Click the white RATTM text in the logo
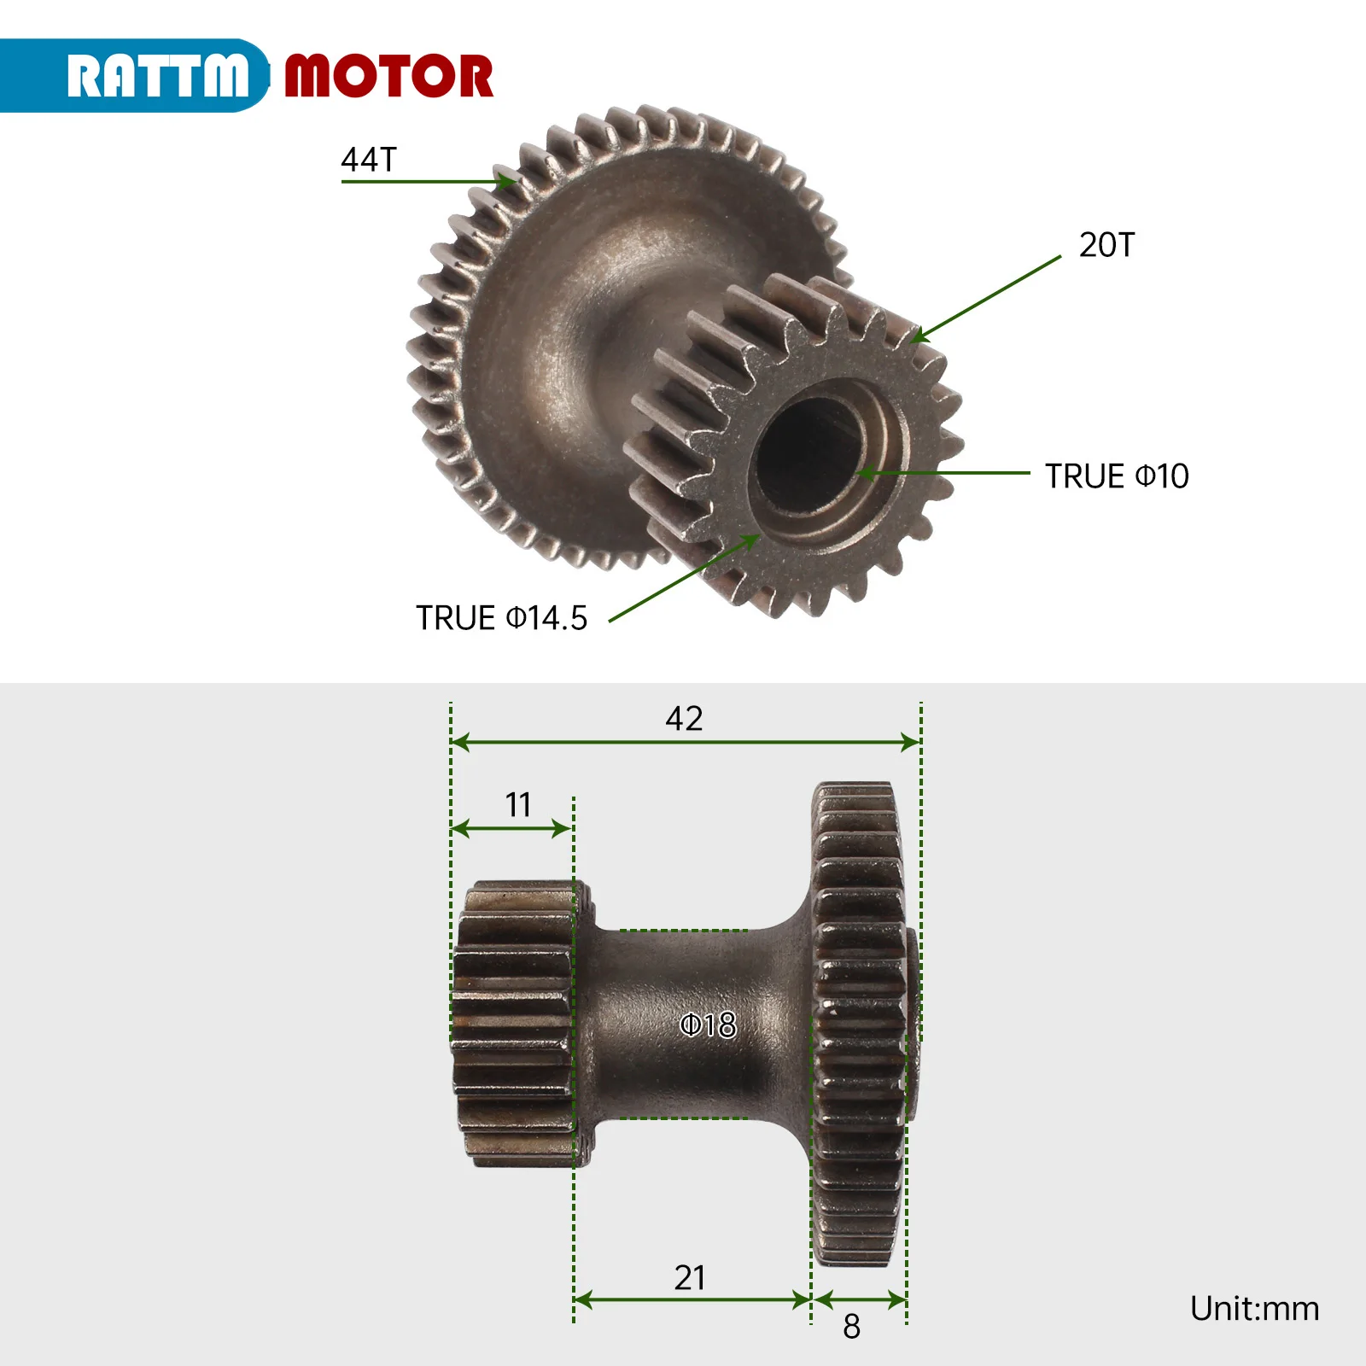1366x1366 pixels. [158, 77]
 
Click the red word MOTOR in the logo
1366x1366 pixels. [388, 77]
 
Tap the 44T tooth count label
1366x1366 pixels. [369, 160]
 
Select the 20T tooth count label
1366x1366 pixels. [1106, 245]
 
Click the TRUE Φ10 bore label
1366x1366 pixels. [1117, 476]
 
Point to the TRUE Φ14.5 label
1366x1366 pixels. [501, 618]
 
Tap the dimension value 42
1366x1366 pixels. [684, 719]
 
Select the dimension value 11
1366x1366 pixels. [518, 804]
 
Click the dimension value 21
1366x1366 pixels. [690, 1278]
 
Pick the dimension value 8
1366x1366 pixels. [851, 1327]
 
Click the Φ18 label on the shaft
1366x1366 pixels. [708, 1024]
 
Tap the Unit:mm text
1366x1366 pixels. [1254, 1309]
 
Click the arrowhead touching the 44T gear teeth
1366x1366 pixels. [507, 181]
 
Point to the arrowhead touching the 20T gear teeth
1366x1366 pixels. [919, 336]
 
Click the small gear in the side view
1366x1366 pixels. [515, 1024]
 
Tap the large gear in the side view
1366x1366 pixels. [858, 1024]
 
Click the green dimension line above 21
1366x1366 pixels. [692, 1300]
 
